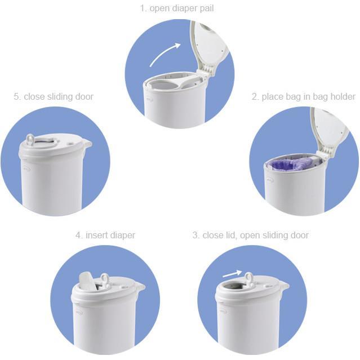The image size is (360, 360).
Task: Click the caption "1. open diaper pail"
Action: coord(177,8)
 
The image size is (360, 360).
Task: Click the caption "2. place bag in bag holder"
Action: coord(303,96)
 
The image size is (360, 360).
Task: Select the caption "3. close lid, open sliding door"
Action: coord(250,235)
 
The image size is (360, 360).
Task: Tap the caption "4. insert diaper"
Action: coord(105,235)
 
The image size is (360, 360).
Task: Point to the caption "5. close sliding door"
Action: coord(54,96)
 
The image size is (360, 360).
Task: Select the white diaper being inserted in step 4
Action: coord(87,280)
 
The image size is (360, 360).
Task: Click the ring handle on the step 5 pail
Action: coord(30,139)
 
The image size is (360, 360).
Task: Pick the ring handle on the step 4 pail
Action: coord(104,279)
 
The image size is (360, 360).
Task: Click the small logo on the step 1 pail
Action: coord(149,102)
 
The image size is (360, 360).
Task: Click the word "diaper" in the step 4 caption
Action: coord(122,235)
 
